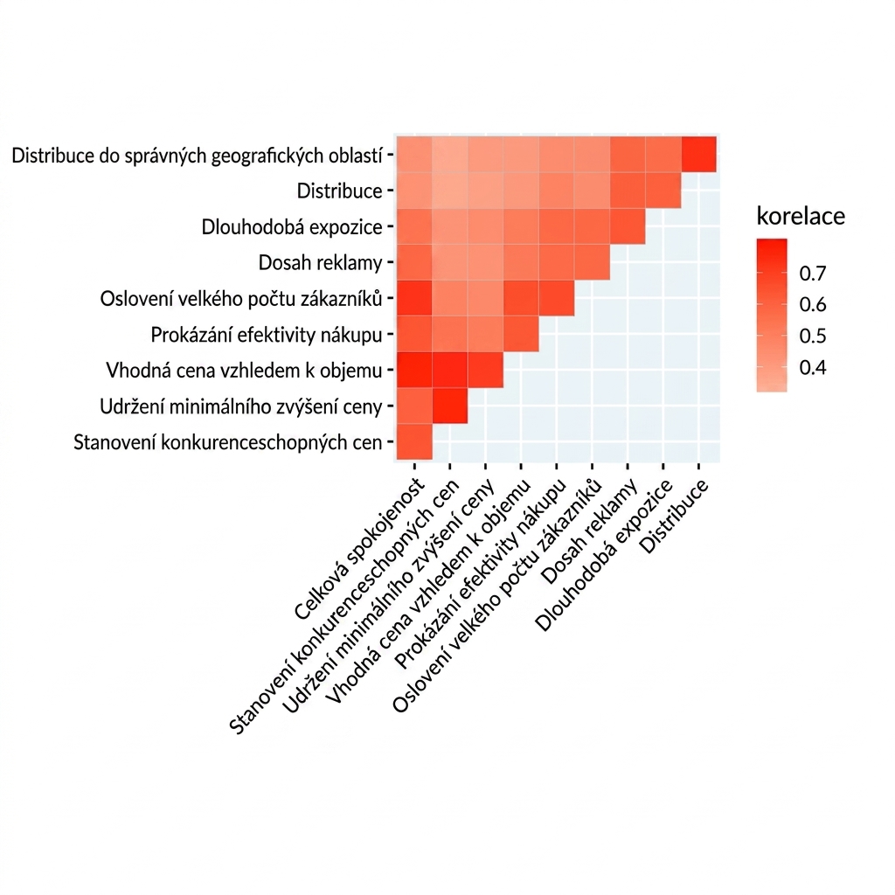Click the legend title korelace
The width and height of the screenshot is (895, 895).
(801, 217)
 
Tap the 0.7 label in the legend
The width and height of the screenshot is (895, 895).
(813, 274)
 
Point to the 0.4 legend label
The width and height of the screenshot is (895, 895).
(813, 368)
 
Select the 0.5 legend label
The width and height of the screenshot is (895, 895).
(813, 336)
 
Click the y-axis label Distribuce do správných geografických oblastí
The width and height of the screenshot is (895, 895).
(197, 156)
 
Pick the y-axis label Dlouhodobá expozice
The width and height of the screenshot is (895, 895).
(292, 227)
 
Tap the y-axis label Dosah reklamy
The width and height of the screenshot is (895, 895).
(320, 263)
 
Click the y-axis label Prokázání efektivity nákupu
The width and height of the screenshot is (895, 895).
(267, 335)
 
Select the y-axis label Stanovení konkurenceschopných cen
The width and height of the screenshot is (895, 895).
(228, 442)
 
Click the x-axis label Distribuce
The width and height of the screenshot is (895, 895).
(675, 516)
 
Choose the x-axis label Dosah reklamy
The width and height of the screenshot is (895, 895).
(589, 532)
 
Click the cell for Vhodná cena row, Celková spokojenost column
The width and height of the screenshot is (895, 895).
(414, 371)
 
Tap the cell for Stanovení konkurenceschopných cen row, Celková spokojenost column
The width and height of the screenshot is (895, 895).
(414, 441)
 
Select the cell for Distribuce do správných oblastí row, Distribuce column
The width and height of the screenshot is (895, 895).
(698, 154)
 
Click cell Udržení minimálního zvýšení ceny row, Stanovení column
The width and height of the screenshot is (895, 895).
(450, 406)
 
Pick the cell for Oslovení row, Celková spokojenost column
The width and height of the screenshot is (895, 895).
(414, 298)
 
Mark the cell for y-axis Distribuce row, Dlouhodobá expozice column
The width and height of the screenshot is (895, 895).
(663, 190)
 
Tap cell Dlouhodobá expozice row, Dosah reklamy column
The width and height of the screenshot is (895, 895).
(628, 226)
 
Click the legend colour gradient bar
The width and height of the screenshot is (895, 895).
(772, 315)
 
